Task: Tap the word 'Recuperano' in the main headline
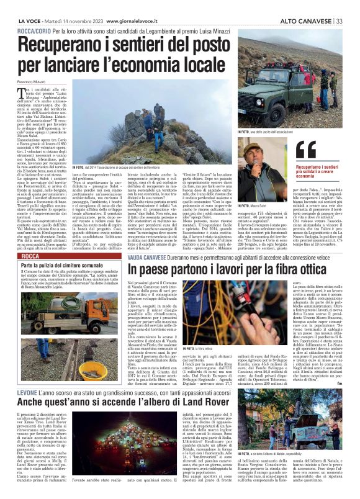[70, 47]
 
